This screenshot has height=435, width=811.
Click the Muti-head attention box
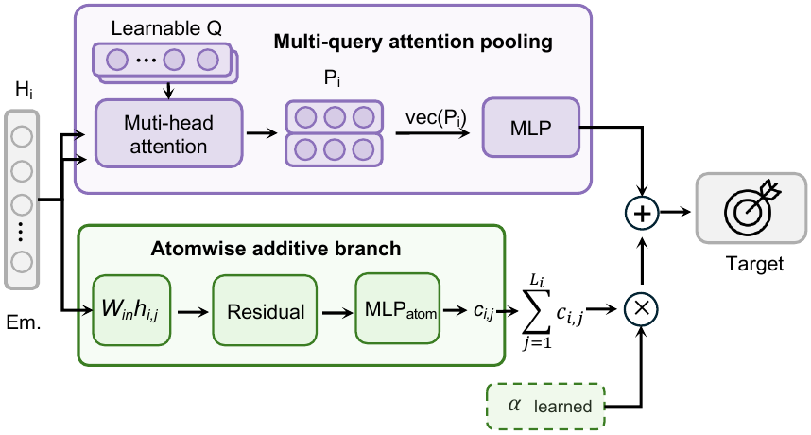168,133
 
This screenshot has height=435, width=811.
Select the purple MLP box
530,128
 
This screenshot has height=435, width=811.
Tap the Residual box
265,310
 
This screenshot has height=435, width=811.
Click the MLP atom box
397,309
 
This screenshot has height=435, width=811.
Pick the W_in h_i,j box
131,310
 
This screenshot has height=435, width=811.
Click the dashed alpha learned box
545,406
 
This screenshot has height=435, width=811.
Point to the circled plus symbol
642,213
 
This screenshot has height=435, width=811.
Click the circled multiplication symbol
642,309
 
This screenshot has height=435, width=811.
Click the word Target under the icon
754,264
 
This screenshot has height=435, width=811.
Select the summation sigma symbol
536,310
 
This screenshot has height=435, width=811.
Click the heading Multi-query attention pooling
413,42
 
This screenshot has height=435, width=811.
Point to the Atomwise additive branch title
276,249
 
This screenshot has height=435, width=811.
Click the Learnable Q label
166,28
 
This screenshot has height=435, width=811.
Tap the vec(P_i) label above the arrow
436,118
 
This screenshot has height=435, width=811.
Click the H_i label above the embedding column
24,91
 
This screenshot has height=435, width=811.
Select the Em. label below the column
24,322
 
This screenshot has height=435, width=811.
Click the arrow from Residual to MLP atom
337,312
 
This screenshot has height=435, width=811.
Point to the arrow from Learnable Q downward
168,91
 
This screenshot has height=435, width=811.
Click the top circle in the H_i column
22,136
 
